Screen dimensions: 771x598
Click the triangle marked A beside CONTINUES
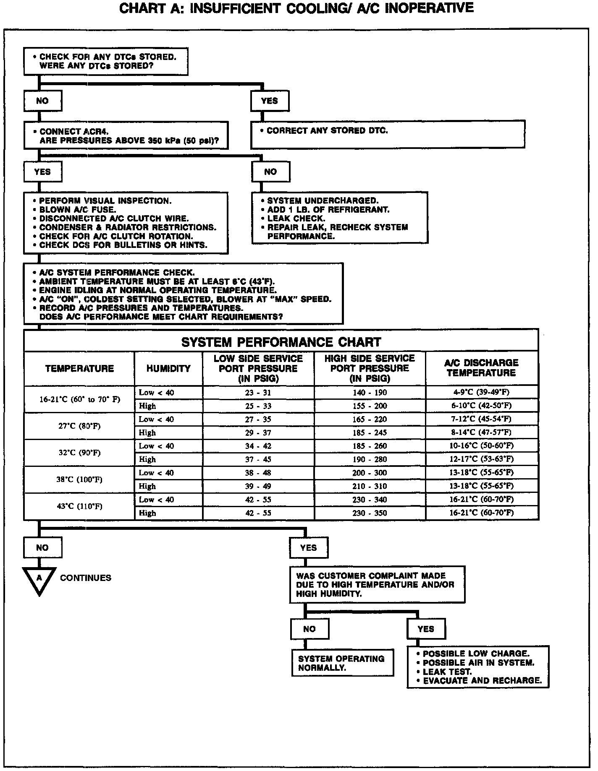pyautogui.click(x=39, y=579)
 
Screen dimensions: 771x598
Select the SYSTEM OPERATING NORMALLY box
pyautogui.click(x=343, y=663)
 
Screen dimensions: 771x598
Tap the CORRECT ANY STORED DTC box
pyautogui.click(x=387, y=134)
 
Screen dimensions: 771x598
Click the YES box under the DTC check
pyautogui.click(x=269, y=101)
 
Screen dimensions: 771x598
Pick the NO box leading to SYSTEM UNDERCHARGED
pyautogui.click(x=270, y=172)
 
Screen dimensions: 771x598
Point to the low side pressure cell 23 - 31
pyautogui.click(x=258, y=393)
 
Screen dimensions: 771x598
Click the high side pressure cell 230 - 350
pyautogui.click(x=370, y=513)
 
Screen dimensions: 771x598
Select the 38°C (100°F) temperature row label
pyautogui.click(x=79, y=479)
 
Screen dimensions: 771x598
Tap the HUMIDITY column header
pyautogui.click(x=168, y=369)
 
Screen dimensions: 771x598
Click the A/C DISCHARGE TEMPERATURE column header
pyautogui.click(x=481, y=368)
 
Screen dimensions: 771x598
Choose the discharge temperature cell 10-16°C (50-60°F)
pyautogui.click(x=481, y=445)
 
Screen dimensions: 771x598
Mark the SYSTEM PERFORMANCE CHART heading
pyautogui.click(x=281, y=342)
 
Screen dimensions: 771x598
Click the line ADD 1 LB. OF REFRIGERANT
pyautogui.click(x=328, y=210)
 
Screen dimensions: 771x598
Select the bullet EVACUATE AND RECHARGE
pyautogui.click(x=483, y=680)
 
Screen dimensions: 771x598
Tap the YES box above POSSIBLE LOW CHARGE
pyautogui.click(x=426, y=629)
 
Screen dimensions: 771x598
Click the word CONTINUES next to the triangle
pyautogui.click(x=86, y=578)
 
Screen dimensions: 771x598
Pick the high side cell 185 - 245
pyautogui.click(x=370, y=432)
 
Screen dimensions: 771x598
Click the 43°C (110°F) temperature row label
pyautogui.click(x=79, y=506)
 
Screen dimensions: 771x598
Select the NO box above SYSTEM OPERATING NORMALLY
pyautogui.click(x=309, y=629)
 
